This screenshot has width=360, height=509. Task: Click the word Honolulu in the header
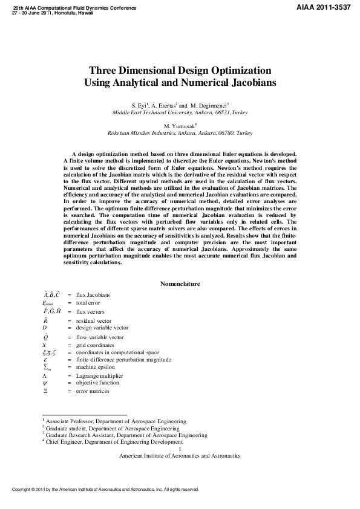[65, 13]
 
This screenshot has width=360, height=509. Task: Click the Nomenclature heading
[180, 284]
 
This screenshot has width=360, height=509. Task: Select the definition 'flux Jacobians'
[93, 295]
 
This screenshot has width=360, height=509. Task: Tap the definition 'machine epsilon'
[95, 367]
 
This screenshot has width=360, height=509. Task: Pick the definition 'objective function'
[97, 383]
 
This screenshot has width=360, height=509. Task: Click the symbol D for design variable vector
[44, 327]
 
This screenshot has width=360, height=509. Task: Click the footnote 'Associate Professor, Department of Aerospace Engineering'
[116, 421]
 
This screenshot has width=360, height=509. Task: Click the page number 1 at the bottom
[180, 449]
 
